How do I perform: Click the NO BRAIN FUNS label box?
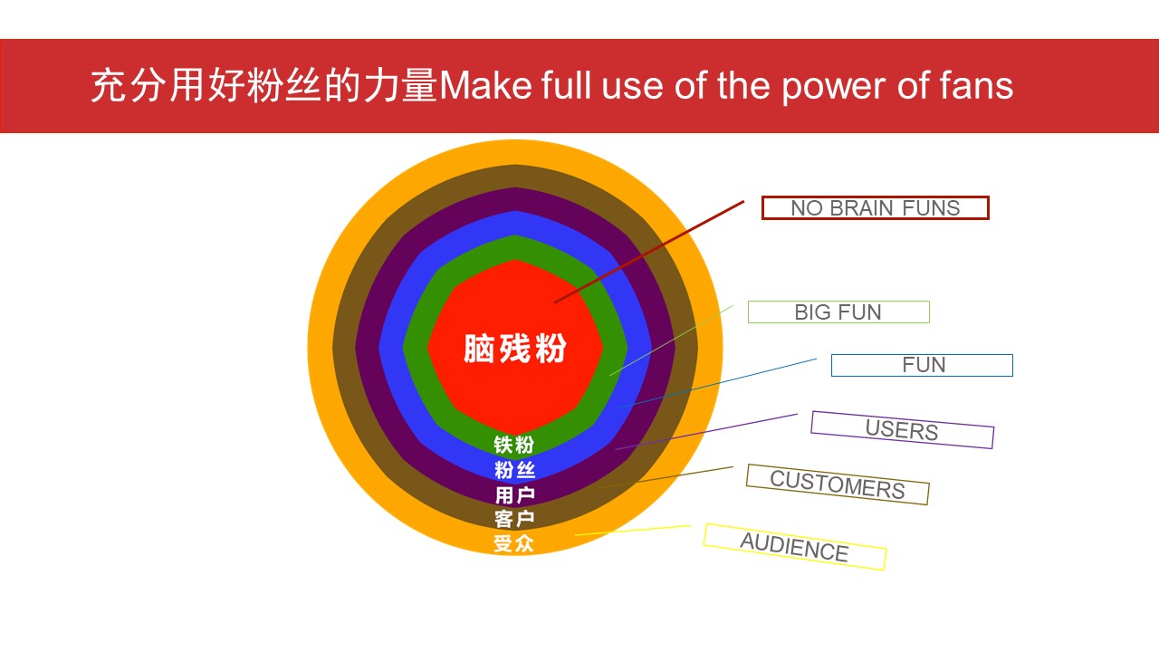click(x=875, y=208)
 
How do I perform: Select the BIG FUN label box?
click(x=838, y=312)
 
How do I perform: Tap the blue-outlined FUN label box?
click(x=922, y=365)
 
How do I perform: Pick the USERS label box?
click(x=903, y=430)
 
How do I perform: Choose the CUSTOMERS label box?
click(x=838, y=484)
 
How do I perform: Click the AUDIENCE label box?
click(x=795, y=547)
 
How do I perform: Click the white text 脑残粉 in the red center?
click(x=515, y=349)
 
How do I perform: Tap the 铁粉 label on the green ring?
click(x=513, y=445)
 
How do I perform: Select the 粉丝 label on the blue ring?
click(x=514, y=470)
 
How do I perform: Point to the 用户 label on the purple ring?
click(x=514, y=495)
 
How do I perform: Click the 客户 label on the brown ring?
click(x=514, y=519)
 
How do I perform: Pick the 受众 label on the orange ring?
click(x=513, y=543)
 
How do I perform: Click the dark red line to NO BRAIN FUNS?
click(x=649, y=252)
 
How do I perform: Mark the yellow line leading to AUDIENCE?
click(x=633, y=531)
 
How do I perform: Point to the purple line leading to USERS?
click(x=706, y=432)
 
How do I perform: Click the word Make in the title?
click(x=485, y=85)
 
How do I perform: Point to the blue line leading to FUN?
click(x=718, y=383)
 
